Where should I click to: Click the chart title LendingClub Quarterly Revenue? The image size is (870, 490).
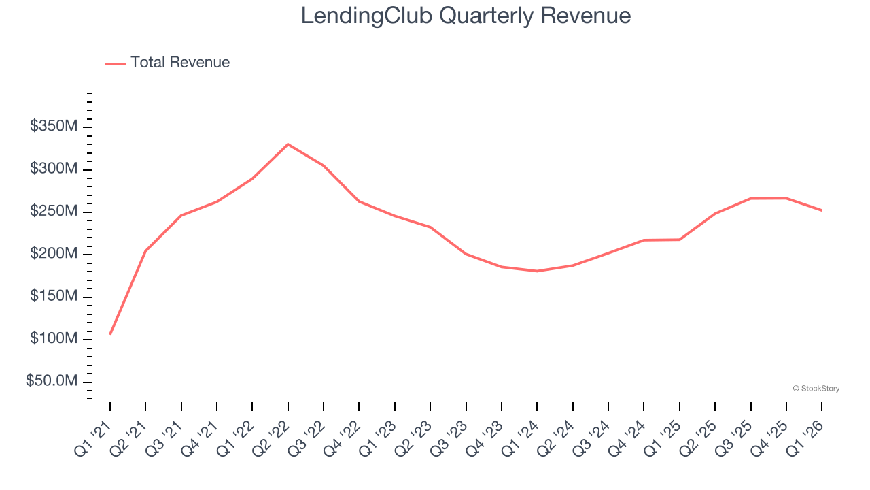click(x=466, y=16)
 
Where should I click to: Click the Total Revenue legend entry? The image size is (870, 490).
click(x=168, y=63)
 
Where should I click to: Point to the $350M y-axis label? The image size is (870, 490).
click(x=54, y=127)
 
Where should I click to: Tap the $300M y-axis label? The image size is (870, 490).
click(x=54, y=169)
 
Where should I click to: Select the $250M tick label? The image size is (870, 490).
click(x=54, y=212)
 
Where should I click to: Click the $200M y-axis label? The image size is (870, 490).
click(x=54, y=255)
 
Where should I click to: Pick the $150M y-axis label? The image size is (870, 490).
click(x=54, y=297)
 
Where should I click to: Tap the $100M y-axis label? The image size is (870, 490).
click(x=54, y=339)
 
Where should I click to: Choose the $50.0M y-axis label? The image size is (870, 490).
click(x=52, y=381)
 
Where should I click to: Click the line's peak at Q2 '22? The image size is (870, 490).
click(x=288, y=144)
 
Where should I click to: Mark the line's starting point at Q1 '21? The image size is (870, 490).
click(x=110, y=334)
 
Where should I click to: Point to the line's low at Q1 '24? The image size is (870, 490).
click(x=537, y=271)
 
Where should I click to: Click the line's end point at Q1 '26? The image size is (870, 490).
click(x=822, y=210)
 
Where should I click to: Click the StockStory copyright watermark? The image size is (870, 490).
click(x=816, y=389)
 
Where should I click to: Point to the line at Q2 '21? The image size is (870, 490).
click(x=145, y=250)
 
